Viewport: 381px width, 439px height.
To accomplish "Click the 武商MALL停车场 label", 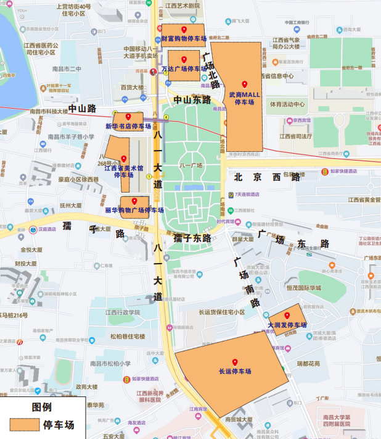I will click(x=245, y=98).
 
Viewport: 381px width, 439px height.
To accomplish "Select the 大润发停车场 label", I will click(x=287, y=325).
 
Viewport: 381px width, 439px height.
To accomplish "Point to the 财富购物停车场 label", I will click(x=184, y=38).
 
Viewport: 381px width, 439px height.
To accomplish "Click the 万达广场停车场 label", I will click(x=184, y=69).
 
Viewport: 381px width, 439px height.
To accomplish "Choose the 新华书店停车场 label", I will click(x=128, y=126).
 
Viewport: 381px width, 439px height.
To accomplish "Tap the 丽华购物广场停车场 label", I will click(x=134, y=210).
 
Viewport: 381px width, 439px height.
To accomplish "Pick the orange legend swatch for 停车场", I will click(x=23, y=425).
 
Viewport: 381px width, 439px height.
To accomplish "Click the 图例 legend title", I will click(x=41, y=408).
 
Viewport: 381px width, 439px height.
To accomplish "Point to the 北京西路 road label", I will click(x=267, y=177).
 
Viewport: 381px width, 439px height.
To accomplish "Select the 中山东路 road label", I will click(x=192, y=99).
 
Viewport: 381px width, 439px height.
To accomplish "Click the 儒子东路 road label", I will click(x=192, y=238).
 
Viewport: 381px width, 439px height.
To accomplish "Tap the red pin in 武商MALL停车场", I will click(x=245, y=84).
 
